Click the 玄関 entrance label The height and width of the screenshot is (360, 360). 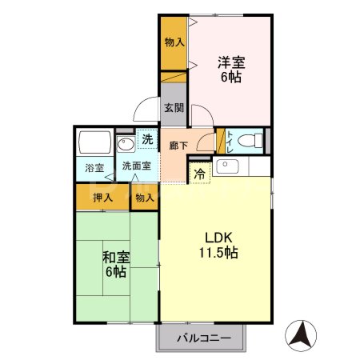[x=174, y=108]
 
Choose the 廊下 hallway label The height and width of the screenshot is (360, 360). [x=178, y=146]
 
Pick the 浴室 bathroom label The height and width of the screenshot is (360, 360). [x=95, y=168]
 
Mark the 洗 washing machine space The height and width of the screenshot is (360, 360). [x=147, y=139]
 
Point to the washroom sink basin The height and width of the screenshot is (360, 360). [x=126, y=145]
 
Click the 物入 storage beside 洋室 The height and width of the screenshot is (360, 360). [x=173, y=42]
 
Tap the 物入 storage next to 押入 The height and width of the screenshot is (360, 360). [x=145, y=197]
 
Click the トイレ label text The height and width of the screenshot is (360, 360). [x=230, y=141]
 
